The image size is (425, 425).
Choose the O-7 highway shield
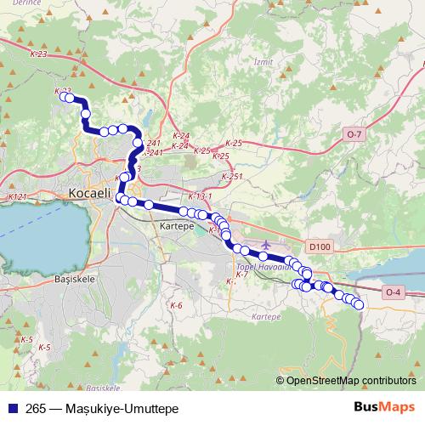pyautogui.click(x=354, y=134)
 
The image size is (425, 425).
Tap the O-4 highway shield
pyautogui.click(x=392, y=293)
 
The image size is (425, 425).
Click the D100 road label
pyautogui.click(x=320, y=246)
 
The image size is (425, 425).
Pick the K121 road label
pyautogui.click(x=17, y=196)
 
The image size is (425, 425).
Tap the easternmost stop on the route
pyautogui.click(x=359, y=304)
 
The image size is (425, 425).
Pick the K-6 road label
pyautogui.click(x=176, y=305)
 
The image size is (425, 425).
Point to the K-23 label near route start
pyautogui.click(x=62, y=90)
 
